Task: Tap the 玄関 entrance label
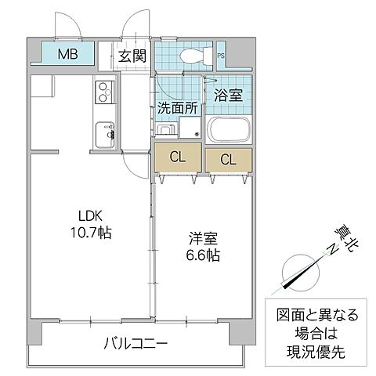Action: pyautogui.click(x=132, y=56)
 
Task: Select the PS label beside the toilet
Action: pyautogui.click(x=221, y=56)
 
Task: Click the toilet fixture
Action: pyautogui.click(x=192, y=55)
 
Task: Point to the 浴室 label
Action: pyautogui.click(x=228, y=96)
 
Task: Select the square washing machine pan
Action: pyautogui.click(x=189, y=128)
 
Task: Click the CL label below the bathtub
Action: pyautogui.click(x=227, y=160)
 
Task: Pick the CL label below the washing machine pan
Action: pyautogui.click(x=178, y=157)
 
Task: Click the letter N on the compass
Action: pyautogui.click(x=332, y=249)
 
